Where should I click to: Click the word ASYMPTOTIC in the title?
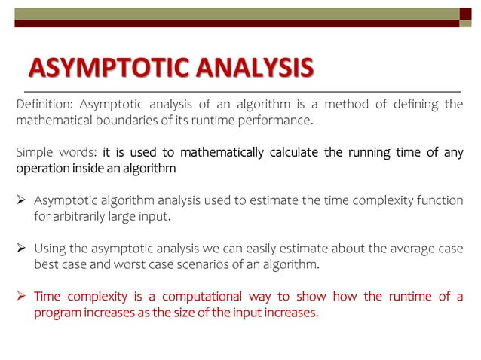[103, 68]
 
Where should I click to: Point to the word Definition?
[44, 104]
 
